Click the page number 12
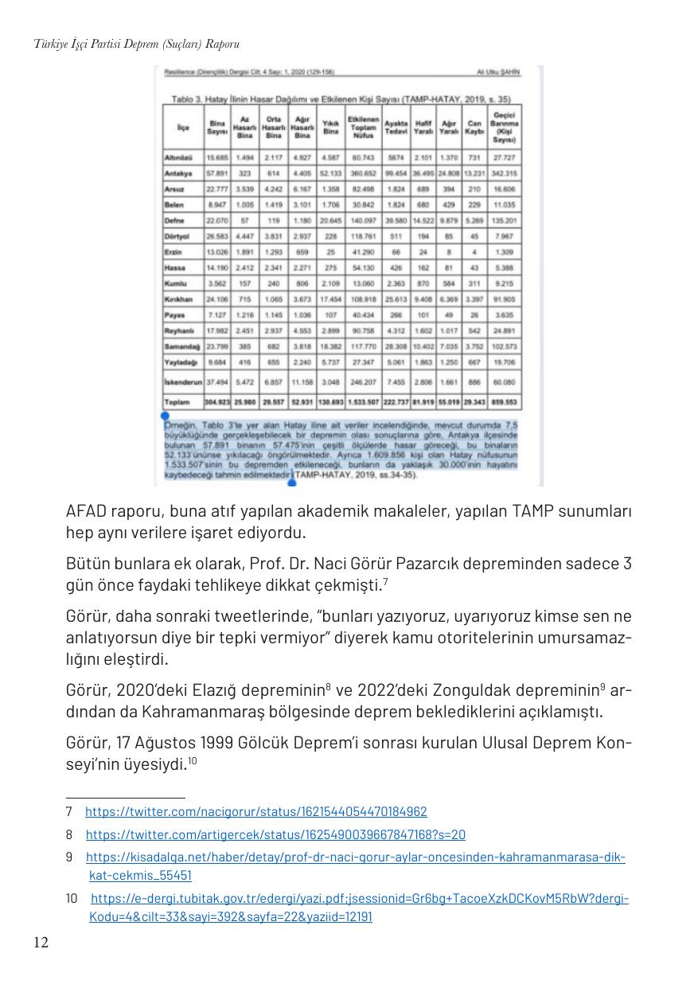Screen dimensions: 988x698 pyautogui.click(x=41, y=943)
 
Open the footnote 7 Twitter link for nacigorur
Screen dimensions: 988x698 pyautogui.click(x=255, y=812)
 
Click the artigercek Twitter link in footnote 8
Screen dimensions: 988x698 pyautogui.click(x=275, y=835)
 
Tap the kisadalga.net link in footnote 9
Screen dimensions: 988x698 pyautogui.click(x=355, y=858)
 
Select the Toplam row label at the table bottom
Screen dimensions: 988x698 pyautogui.click(x=177, y=402)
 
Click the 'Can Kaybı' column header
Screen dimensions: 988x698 pyautogui.click(x=475, y=127)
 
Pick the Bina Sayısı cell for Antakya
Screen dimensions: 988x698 pyautogui.click(x=216, y=173)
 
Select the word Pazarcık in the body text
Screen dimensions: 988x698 pyautogui.click(x=438, y=564)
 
